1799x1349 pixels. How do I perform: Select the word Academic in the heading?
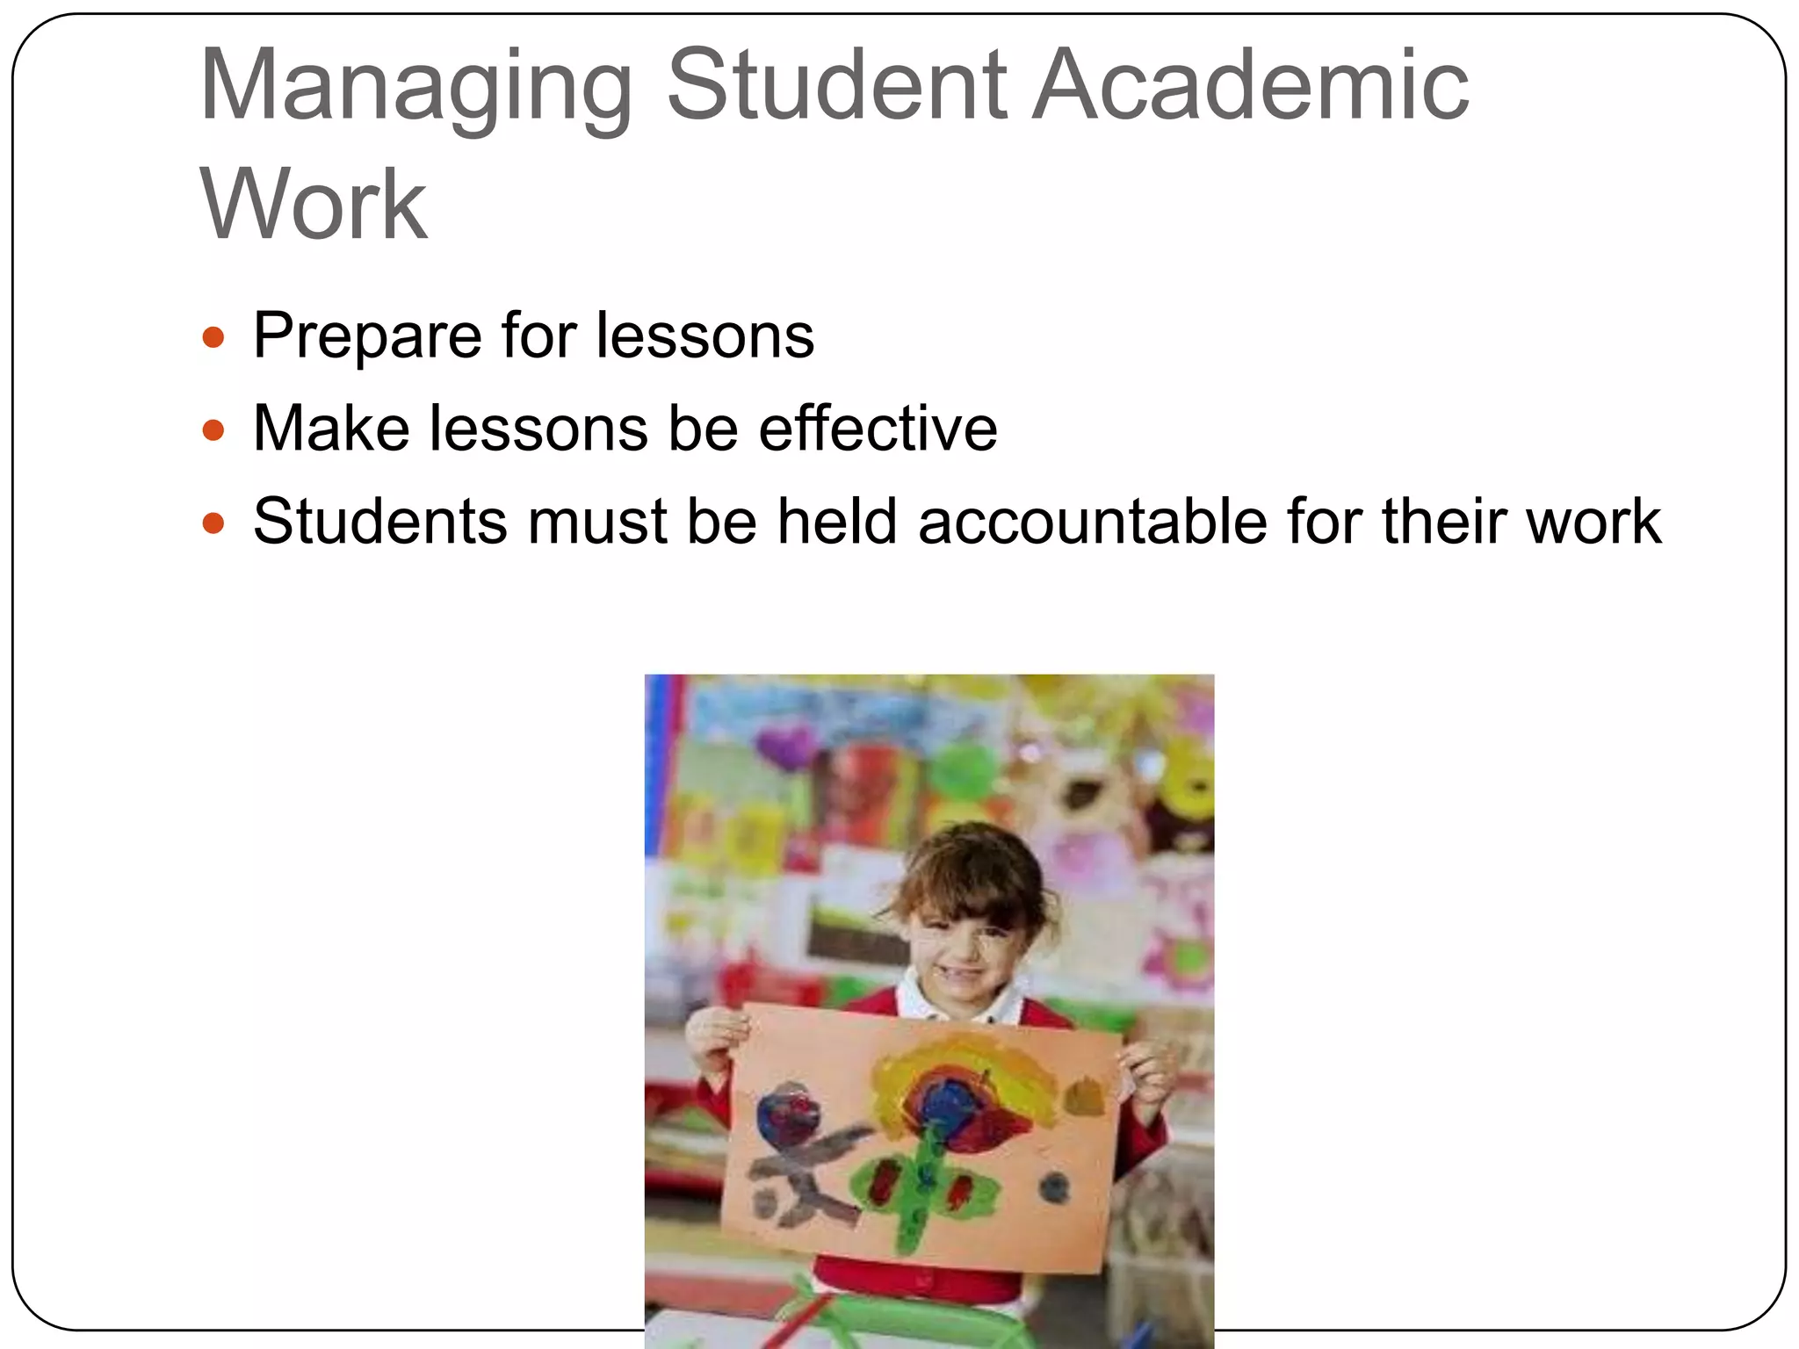pos(1250,85)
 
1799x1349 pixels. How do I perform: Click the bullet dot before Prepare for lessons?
pos(213,337)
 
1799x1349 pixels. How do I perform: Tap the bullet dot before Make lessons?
pos(213,430)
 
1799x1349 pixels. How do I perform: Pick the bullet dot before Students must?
pos(213,524)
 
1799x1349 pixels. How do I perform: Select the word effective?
pos(878,429)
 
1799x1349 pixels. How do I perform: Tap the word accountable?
pos(1092,522)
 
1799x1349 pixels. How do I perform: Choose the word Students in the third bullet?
pos(380,522)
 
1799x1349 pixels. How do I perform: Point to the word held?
pos(836,522)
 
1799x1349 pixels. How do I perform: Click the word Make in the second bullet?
pos(331,429)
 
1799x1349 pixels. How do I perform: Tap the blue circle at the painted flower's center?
pos(948,1101)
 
